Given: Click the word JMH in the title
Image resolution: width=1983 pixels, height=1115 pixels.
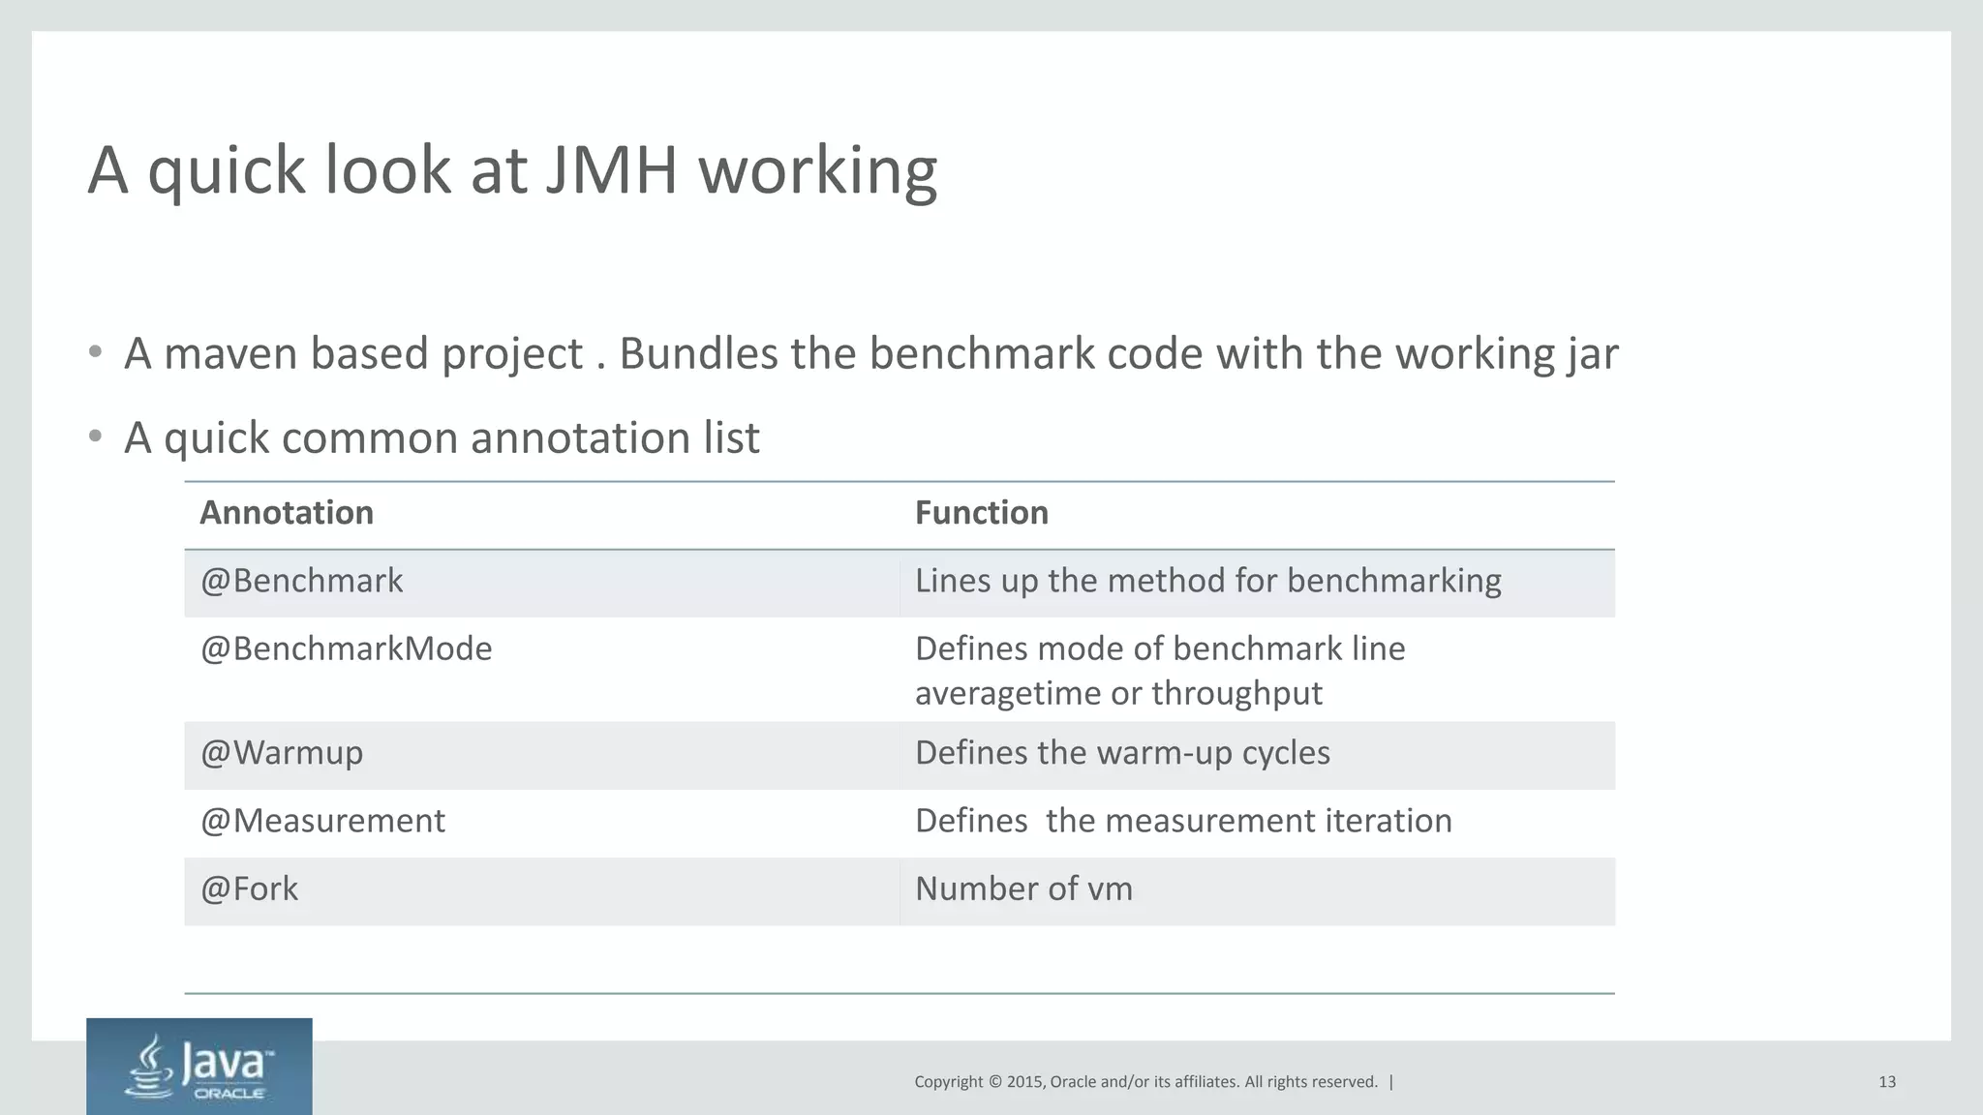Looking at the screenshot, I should (x=610, y=170).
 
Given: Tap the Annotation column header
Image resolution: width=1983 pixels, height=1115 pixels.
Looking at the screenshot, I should (x=287, y=513).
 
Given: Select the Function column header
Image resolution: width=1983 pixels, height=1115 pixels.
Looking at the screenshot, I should (x=981, y=513).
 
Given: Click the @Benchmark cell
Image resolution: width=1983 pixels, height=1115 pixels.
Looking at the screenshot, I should (x=301, y=582).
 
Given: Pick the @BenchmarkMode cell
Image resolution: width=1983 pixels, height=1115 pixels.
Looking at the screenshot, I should (x=346, y=649).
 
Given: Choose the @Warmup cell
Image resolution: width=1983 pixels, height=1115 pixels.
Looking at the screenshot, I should (x=282, y=753).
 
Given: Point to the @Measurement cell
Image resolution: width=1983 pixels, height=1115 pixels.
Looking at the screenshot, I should (x=322, y=822).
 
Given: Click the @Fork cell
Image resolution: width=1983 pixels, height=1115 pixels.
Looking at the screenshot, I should (x=249, y=889).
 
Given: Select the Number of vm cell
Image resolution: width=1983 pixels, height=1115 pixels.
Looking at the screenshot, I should (x=1023, y=889).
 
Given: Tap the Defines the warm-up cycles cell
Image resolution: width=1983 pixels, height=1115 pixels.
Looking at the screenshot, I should (x=1122, y=753).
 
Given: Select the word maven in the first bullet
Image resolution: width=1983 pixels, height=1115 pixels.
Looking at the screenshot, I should (x=229, y=354).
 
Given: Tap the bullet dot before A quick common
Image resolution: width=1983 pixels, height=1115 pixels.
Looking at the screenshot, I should (x=95, y=437).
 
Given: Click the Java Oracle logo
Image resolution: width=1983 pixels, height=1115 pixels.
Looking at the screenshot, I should (x=199, y=1067).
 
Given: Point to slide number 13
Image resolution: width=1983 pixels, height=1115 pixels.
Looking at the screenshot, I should (x=1886, y=1082).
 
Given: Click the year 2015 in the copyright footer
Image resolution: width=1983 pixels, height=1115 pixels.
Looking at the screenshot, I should (x=1024, y=1082).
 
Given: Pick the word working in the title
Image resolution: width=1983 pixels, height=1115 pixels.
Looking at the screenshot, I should (x=817, y=172).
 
